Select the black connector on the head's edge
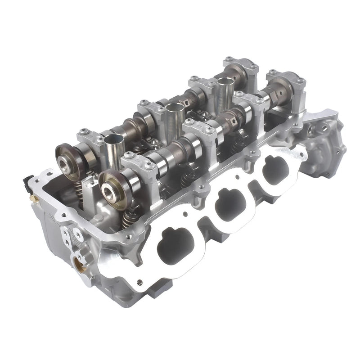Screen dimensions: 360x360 tap(27, 183)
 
